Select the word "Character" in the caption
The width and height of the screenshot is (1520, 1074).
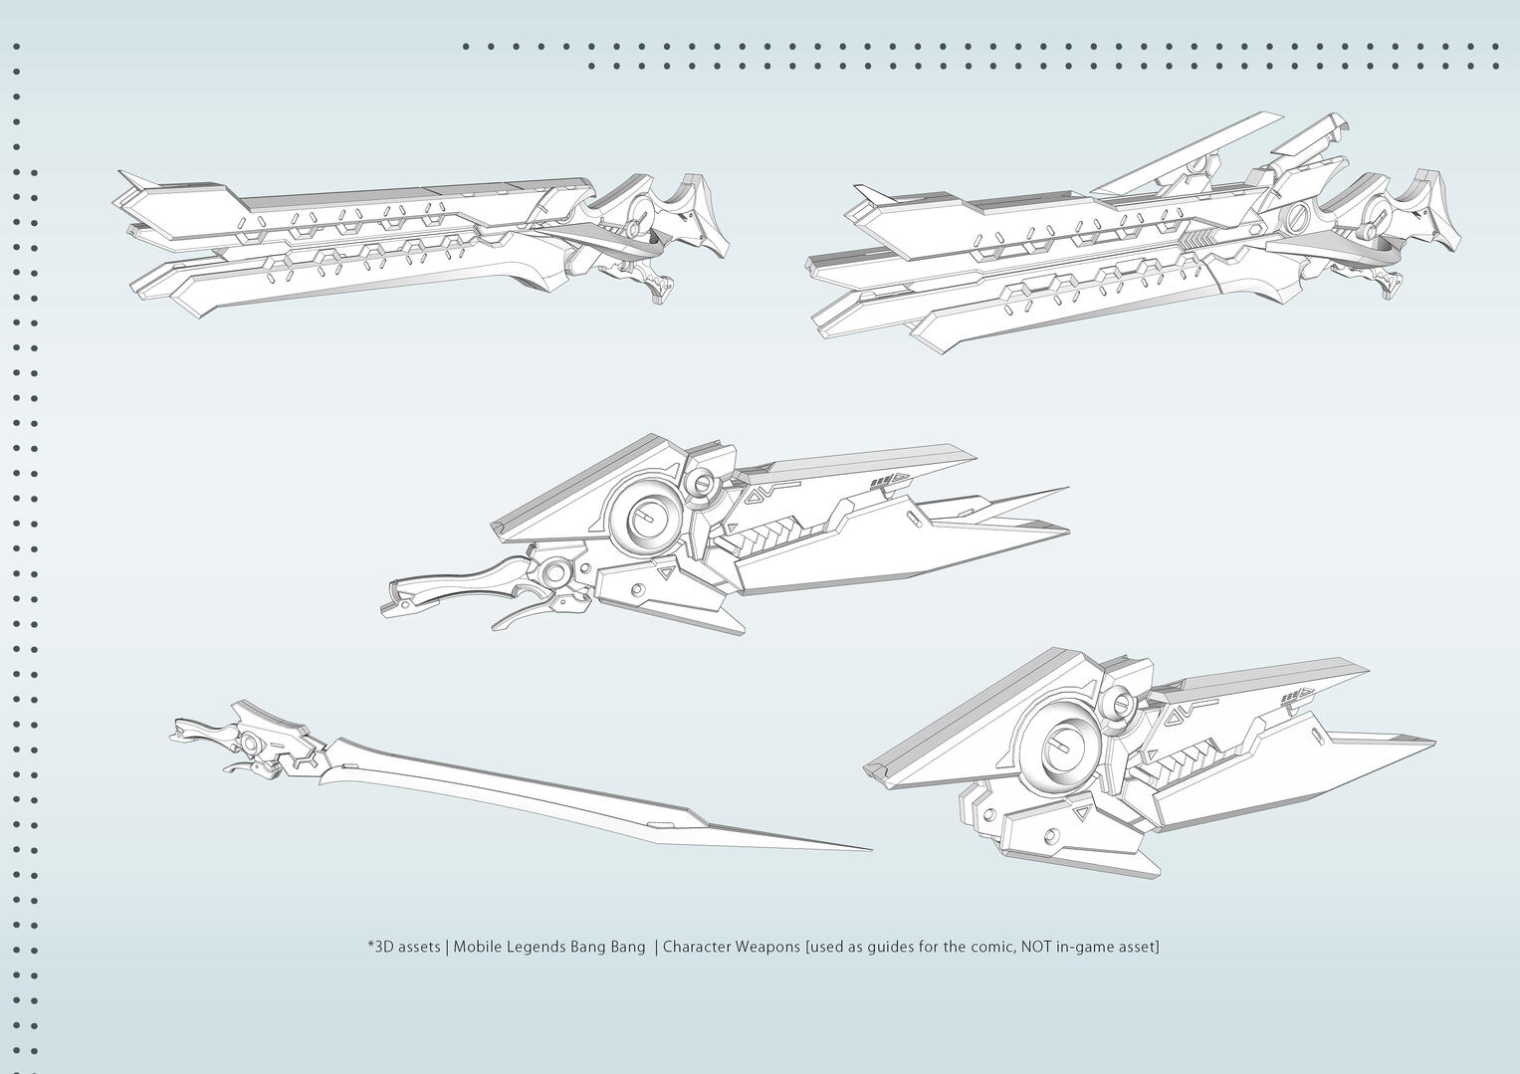(697, 947)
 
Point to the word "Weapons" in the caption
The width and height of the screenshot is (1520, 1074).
(767, 947)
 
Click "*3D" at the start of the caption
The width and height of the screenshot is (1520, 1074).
(379, 947)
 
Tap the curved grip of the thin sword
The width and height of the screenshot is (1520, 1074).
(199, 733)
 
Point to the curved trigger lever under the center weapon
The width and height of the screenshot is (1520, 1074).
(523, 615)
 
